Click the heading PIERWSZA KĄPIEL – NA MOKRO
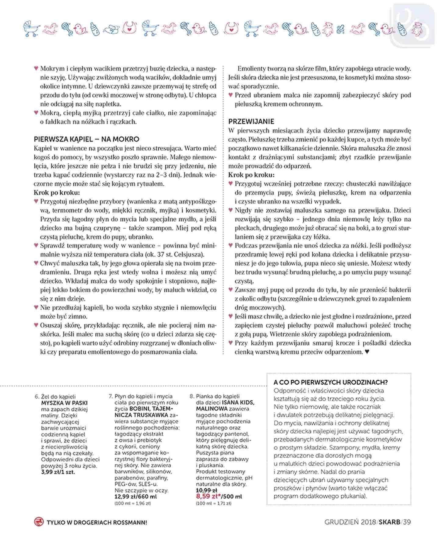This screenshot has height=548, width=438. coord(86,139)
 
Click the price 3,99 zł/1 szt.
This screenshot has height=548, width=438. coord(58,472)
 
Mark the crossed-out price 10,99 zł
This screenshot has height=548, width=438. coord(206,490)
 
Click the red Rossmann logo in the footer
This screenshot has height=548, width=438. coord(39,522)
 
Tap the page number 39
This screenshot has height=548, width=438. coord(407,522)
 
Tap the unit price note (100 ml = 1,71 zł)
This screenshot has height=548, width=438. coord(213,503)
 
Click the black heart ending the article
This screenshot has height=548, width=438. coord(367,352)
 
